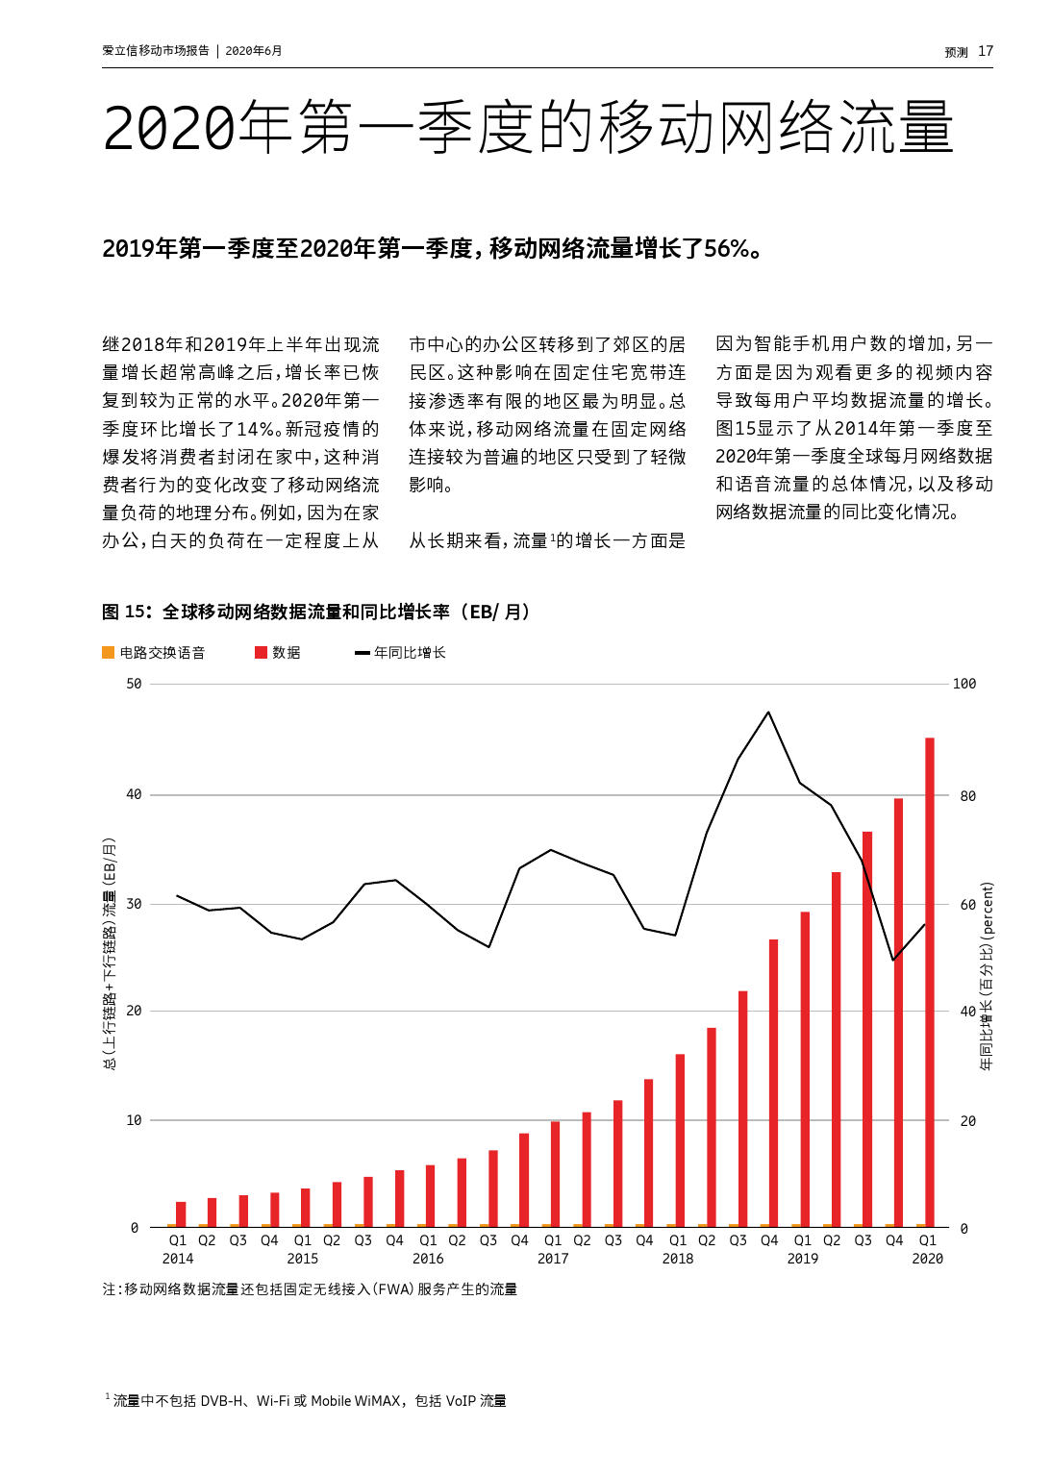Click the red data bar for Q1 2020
click(x=929, y=981)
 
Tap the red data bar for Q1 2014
click(x=181, y=1213)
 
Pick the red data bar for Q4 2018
click(x=773, y=1082)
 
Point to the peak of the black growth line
click(x=768, y=713)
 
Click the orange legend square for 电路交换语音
click(x=109, y=653)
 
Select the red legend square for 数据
click(x=261, y=653)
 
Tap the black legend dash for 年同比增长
click(x=363, y=653)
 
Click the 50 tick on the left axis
click(x=134, y=684)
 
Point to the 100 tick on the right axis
click(x=963, y=684)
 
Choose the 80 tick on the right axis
click(x=967, y=796)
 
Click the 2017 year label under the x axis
click(x=553, y=1259)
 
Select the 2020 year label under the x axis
click(x=927, y=1259)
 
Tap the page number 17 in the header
click(x=986, y=51)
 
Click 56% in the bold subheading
click(x=726, y=249)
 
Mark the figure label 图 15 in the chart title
click(x=126, y=612)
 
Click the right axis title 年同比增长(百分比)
click(x=987, y=976)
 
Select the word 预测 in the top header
click(x=956, y=52)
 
